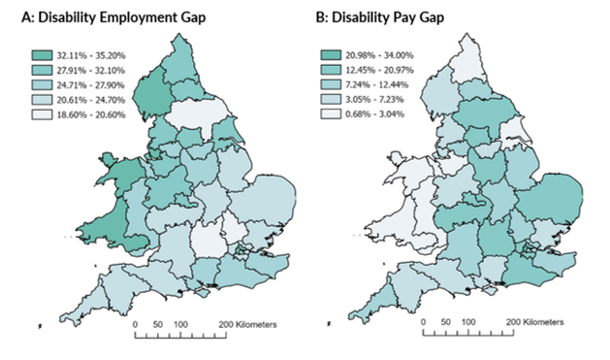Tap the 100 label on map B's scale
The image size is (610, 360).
[x=467, y=324]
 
